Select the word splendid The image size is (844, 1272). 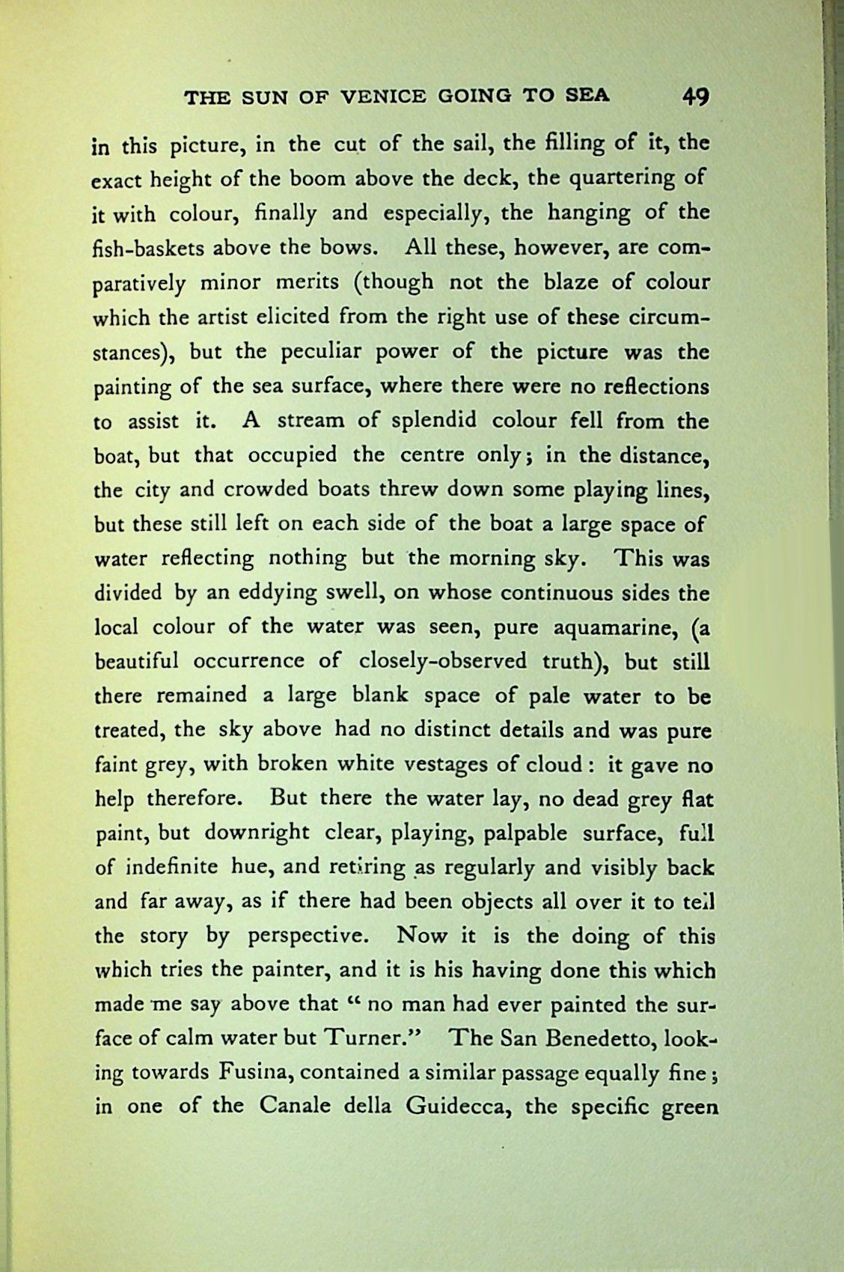click(429, 421)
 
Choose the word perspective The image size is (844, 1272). click(308, 937)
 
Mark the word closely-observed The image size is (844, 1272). click(444, 662)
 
